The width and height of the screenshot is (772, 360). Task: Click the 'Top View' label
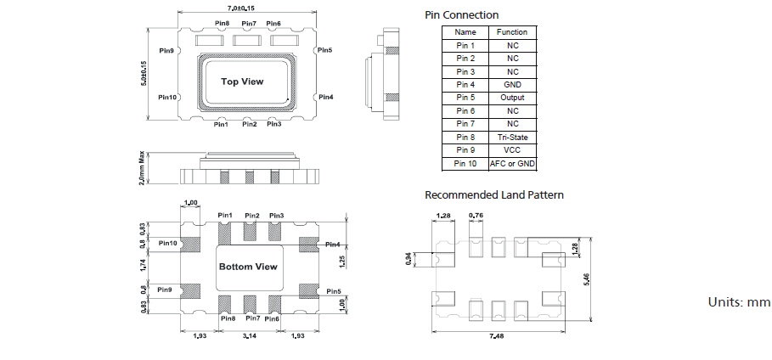tap(242, 82)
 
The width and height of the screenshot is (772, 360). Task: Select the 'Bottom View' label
tap(248, 267)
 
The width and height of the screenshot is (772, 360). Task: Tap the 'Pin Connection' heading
tap(461, 15)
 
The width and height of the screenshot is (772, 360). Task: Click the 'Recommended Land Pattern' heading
tap(493, 195)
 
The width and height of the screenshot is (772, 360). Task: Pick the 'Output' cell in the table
tap(512, 98)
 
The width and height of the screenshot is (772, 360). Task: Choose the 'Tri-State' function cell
tap(512, 137)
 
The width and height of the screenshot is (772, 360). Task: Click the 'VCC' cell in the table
tap(512, 149)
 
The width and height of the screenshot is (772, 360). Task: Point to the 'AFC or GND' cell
tap(512, 163)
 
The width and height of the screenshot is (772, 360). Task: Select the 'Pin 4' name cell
tap(465, 84)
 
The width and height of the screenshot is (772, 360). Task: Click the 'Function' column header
tap(512, 31)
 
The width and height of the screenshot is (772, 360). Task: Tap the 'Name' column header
tap(465, 31)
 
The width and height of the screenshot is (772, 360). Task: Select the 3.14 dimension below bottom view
tap(249, 337)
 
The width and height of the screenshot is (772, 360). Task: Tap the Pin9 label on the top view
tap(166, 52)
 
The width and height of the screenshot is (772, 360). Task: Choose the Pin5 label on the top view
tap(324, 50)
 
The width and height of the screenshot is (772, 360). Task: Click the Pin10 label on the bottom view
tap(167, 243)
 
